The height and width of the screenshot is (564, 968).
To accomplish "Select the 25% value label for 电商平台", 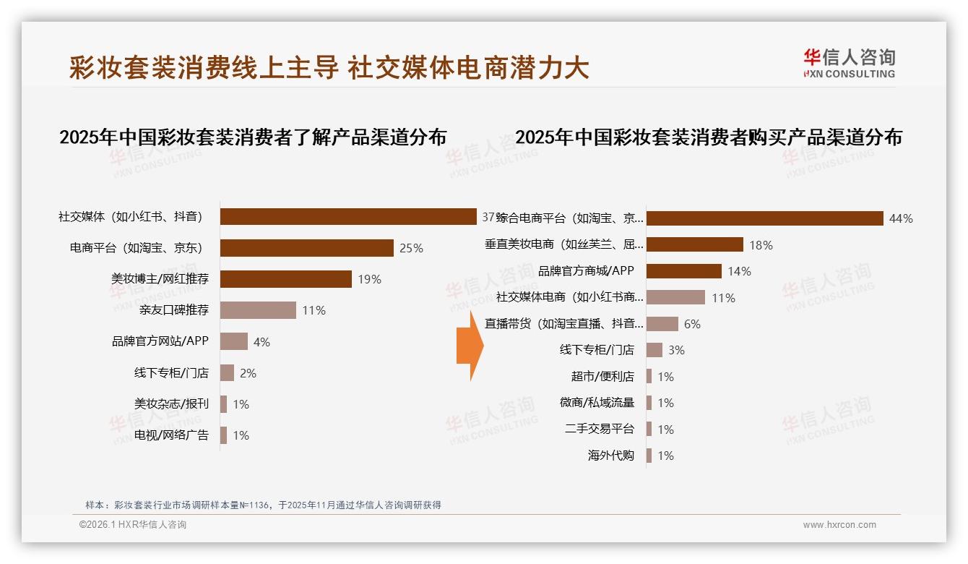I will click(x=411, y=248).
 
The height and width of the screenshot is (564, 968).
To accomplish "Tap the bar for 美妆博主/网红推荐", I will click(x=285, y=279).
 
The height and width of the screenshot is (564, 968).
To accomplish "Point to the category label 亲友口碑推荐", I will click(x=174, y=310).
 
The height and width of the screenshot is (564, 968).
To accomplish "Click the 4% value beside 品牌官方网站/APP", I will click(x=262, y=342).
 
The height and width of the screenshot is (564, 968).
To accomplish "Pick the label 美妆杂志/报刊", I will click(x=171, y=403).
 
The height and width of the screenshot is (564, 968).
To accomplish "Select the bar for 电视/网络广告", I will click(x=223, y=435).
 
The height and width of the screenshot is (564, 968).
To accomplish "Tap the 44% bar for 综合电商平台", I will click(x=764, y=218).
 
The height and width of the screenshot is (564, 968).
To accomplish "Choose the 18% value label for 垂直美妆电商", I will click(x=761, y=245).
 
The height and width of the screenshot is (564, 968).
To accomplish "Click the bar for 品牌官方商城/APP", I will click(x=683, y=271).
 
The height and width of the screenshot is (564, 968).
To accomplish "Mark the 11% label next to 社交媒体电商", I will click(x=723, y=298).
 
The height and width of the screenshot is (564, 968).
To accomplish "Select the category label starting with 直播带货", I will click(x=563, y=324).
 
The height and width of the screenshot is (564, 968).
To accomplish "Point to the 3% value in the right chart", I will click(x=676, y=350).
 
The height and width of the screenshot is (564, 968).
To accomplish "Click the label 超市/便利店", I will click(x=602, y=377).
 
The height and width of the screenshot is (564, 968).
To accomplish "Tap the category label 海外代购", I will click(x=611, y=456).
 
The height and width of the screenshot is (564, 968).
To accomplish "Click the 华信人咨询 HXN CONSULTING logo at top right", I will click(x=849, y=64).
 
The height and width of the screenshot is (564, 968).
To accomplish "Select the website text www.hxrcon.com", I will click(x=839, y=525).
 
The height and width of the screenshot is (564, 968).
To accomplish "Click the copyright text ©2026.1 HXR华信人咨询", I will click(x=133, y=525).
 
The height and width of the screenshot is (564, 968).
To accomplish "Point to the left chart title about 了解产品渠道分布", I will click(x=253, y=137).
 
